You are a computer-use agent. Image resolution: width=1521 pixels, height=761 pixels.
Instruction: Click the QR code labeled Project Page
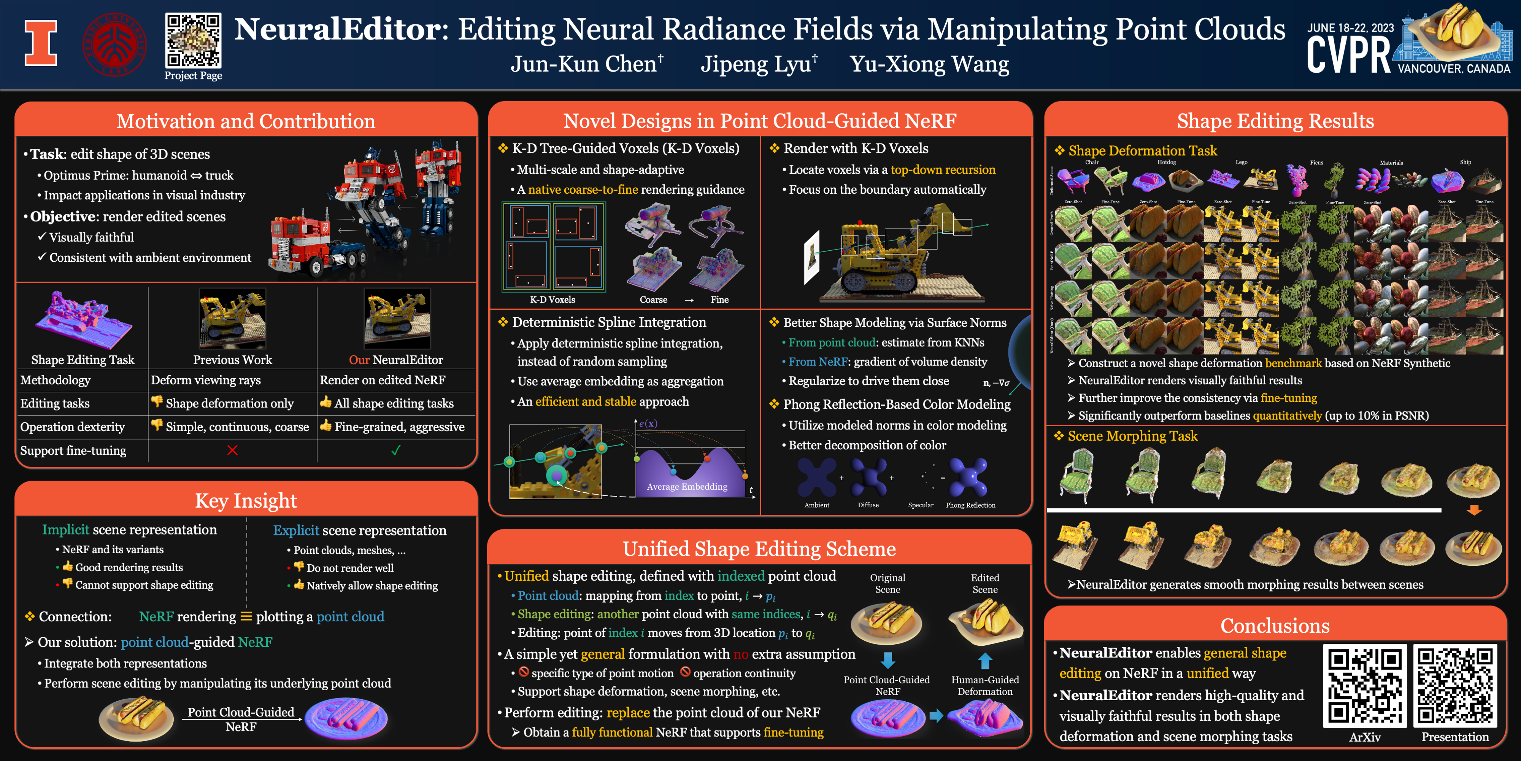193,40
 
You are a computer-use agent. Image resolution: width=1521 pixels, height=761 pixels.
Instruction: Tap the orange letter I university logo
41,43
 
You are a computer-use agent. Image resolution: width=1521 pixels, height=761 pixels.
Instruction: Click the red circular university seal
114,44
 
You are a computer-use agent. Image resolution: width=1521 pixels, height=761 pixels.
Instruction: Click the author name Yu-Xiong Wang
929,64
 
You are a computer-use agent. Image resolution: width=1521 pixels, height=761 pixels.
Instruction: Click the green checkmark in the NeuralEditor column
395,450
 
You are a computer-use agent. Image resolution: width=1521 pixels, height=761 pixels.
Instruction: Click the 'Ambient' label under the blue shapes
817,505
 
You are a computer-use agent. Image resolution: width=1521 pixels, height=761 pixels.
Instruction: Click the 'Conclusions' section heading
1275,626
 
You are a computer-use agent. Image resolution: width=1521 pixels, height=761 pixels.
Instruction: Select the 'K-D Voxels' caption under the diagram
552,299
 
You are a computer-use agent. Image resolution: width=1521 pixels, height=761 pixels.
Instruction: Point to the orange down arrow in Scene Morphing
1474,510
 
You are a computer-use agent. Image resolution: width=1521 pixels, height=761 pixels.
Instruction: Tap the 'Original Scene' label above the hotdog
888,583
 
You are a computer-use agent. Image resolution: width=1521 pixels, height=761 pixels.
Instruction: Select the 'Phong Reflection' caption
970,505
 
